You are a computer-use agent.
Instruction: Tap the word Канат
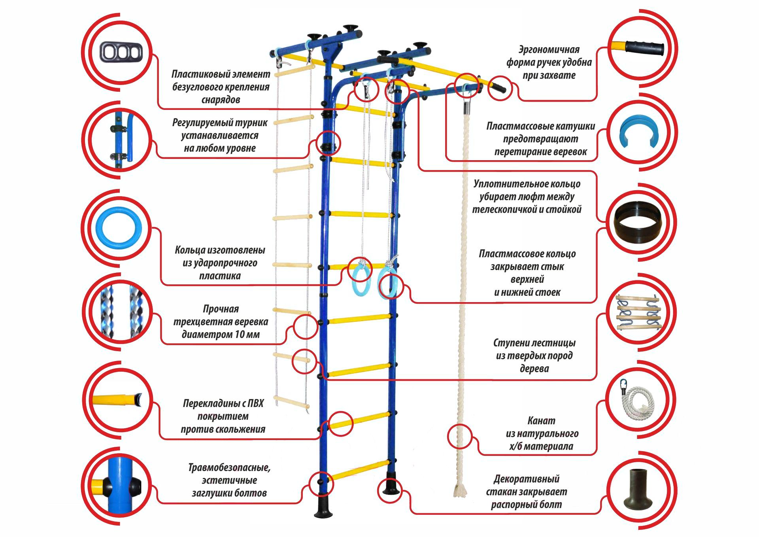(541, 420)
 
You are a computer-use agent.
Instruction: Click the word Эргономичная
(549, 50)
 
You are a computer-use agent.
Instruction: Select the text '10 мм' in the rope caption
(247, 335)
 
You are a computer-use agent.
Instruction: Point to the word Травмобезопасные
(229, 467)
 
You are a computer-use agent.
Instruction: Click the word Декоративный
(526, 479)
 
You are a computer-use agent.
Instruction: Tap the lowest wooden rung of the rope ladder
(291, 402)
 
